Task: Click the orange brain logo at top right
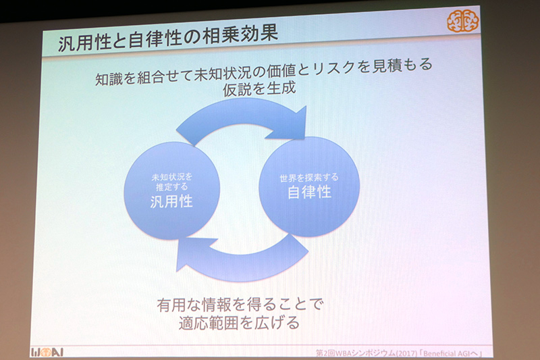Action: click(462, 22)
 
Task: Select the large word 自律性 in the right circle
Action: click(308, 192)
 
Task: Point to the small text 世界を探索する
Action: click(308, 177)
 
